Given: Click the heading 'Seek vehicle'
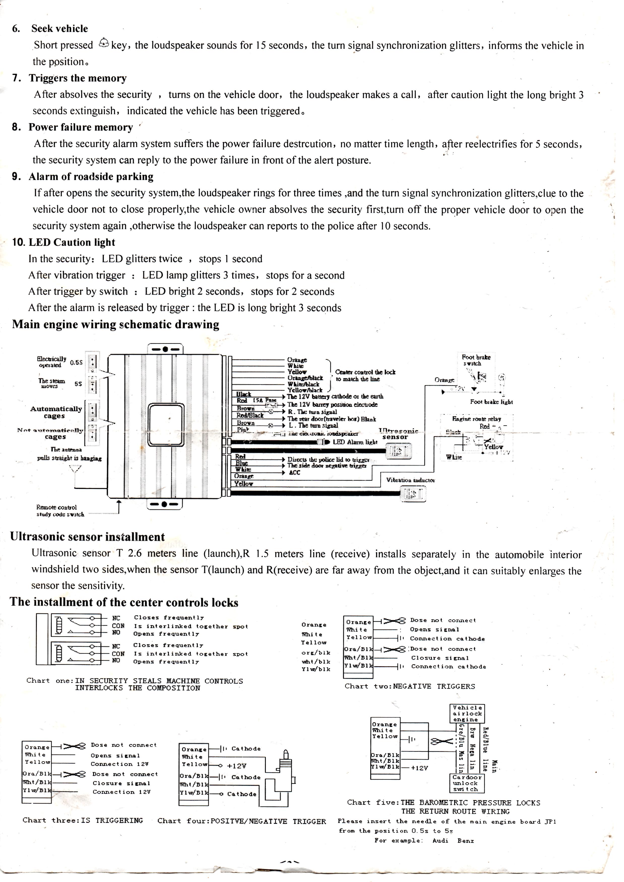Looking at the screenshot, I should [59, 28].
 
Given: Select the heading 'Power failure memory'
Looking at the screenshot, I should [81, 127].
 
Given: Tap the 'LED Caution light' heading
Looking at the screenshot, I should [72, 242].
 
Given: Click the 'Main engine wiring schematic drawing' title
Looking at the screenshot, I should [116, 324].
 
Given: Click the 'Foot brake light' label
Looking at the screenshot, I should [491, 402].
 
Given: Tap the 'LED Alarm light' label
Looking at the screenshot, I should [355, 442].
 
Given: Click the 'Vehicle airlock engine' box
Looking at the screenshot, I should [467, 713].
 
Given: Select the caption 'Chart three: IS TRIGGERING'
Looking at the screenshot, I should [83, 820].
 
